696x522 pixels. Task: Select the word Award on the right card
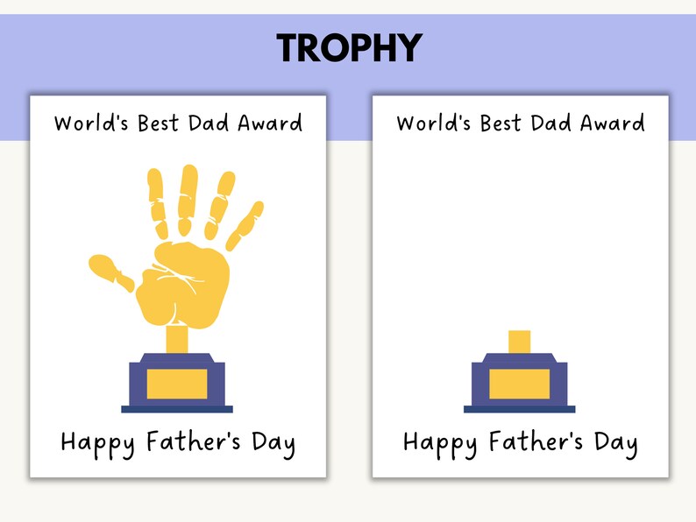[612, 123]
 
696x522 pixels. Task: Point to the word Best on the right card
[501, 123]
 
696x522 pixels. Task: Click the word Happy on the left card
[97, 442]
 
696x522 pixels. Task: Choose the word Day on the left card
[273, 442]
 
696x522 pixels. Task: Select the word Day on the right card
[614, 442]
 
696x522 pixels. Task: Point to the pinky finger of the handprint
[246, 222]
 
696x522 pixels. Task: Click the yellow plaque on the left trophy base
[177, 384]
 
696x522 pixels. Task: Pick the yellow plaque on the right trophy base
[519, 384]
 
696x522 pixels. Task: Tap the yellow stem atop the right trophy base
[519, 342]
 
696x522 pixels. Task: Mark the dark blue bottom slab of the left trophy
[177, 409]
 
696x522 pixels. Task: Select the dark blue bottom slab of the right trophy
[519, 409]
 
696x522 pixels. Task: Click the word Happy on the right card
[439, 442]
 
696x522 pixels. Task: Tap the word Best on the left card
[159, 123]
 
